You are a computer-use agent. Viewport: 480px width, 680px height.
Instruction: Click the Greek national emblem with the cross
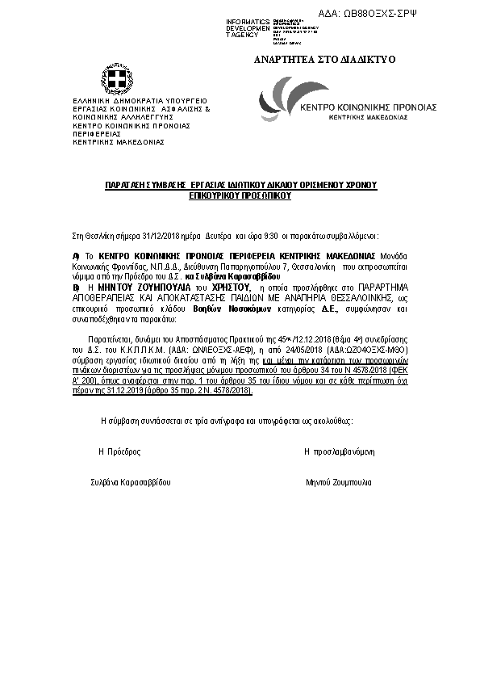click(118, 79)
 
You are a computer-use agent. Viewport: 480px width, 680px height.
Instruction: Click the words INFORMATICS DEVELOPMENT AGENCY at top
click(248, 28)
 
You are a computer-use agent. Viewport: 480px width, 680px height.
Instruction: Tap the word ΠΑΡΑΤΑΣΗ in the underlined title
click(128, 186)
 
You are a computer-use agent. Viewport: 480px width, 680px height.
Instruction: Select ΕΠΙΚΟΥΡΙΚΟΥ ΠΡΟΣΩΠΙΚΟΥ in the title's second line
click(240, 195)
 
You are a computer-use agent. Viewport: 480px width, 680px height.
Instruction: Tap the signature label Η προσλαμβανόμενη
click(339, 451)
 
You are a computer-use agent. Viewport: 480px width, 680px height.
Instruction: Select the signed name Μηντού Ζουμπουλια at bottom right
click(339, 482)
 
